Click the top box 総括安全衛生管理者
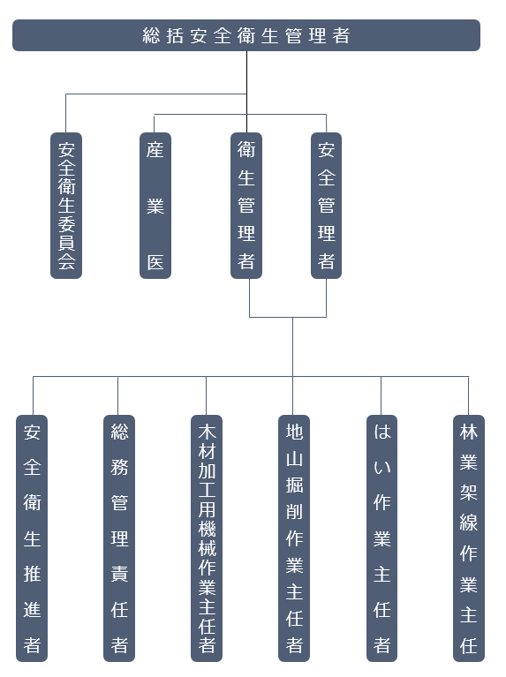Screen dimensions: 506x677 click(x=246, y=35)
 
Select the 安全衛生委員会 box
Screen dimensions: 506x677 click(x=66, y=206)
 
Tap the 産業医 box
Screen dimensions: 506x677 click(x=155, y=206)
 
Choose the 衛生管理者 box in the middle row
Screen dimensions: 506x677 click(x=246, y=206)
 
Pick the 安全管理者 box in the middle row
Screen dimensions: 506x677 click(x=326, y=206)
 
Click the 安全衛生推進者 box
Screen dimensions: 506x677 click(x=32, y=538)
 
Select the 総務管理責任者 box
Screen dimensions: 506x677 click(x=119, y=538)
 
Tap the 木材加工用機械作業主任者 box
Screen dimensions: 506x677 click(x=207, y=538)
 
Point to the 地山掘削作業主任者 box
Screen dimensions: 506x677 click(x=294, y=538)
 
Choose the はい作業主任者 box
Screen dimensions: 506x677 click(x=382, y=538)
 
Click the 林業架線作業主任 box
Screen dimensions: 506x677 click(x=469, y=538)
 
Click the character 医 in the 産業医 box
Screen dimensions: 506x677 click(x=155, y=262)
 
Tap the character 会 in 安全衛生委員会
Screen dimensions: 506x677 click(x=66, y=261)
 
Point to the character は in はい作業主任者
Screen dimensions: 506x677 click(x=382, y=432)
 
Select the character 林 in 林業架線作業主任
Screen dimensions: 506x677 click(x=469, y=432)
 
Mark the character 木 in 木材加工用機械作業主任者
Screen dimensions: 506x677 click(x=207, y=432)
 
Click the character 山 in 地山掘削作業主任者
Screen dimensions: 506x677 click(x=294, y=458)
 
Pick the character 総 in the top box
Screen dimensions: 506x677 click(x=151, y=35)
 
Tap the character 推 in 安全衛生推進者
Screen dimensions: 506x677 click(x=33, y=575)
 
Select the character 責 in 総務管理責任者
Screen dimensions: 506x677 click(x=120, y=575)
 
